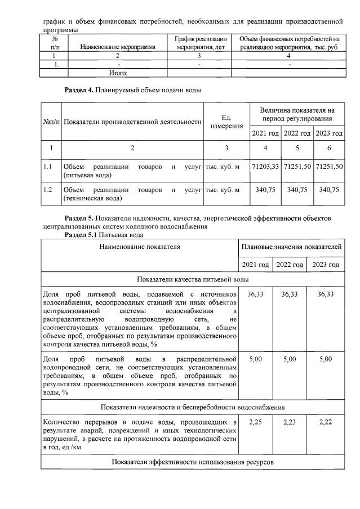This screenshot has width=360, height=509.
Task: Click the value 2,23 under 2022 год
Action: (290, 422)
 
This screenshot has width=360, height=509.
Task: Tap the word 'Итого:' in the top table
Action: (118, 73)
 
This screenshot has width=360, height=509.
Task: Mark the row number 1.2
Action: (48, 190)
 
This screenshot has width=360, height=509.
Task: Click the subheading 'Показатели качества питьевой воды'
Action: (192, 279)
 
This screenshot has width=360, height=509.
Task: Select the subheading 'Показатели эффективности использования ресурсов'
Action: (192, 462)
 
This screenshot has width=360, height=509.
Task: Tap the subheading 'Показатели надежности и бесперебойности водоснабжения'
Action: (192, 407)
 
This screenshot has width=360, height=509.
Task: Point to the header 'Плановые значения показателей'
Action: (291, 247)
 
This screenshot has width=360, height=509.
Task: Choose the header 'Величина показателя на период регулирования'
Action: (296, 115)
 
